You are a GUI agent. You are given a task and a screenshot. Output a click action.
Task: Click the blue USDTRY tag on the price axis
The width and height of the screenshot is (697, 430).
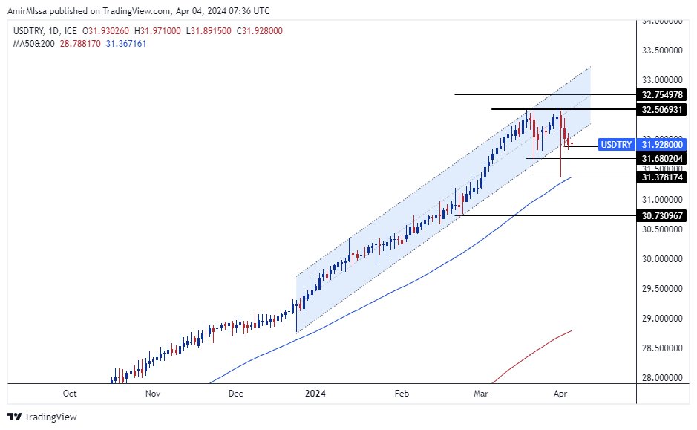click(x=616, y=145)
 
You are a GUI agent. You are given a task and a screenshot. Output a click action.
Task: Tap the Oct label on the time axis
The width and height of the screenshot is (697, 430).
click(x=70, y=393)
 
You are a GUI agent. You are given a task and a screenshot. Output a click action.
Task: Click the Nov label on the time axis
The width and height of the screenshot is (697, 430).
click(x=153, y=393)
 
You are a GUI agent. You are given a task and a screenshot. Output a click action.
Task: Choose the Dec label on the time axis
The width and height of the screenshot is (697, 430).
click(x=236, y=393)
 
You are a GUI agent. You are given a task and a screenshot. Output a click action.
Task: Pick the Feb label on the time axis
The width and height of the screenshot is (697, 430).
click(x=402, y=393)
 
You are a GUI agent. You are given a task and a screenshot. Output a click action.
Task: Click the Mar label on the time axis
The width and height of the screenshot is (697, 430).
click(x=481, y=393)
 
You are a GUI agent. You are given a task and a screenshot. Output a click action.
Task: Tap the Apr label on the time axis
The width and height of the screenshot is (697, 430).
click(x=562, y=393)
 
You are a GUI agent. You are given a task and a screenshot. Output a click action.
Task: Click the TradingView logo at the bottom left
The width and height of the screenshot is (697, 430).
click(x=42, y=417)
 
